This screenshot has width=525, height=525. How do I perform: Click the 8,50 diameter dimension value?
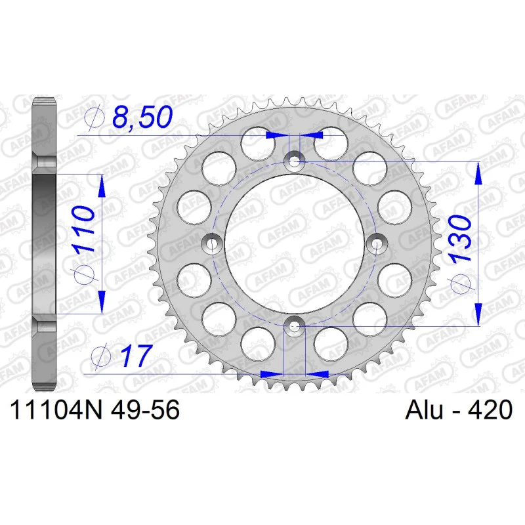tap(142, 117)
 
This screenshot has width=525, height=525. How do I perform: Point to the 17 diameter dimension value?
tap(135, 355)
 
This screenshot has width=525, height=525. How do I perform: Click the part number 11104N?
tap(56, 409)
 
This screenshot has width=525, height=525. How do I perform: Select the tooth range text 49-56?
tap(146, 409)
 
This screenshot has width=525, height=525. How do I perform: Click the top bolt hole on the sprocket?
tap(294, 162)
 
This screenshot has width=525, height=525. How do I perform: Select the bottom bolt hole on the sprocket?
tap(294, 325)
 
